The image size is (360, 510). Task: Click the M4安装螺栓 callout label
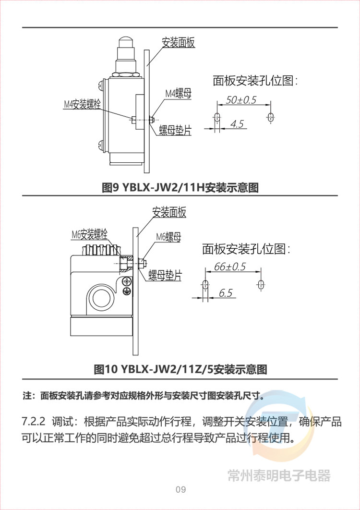(x=82, y=104)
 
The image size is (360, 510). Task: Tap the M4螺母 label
(x=178, y=94)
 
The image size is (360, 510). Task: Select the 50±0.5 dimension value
(x=241, y=100)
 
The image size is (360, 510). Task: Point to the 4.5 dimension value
(x=237, y=123)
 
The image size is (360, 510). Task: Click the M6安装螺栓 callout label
(x=89, y=234)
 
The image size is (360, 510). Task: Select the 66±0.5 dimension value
(x=230, y=267)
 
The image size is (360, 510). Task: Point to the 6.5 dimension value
(x=226, y=293)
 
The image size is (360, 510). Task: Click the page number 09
(x=180, y=489)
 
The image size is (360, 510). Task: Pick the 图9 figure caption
(x=180, y=187)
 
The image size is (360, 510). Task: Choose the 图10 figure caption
(x=180, y=369)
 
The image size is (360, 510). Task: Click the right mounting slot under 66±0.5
(x=261, y=284)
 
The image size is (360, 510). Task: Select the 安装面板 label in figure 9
(x=179, y=43)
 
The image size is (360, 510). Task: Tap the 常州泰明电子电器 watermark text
(x=279, y=475)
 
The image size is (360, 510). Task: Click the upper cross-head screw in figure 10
(x=127, y=281)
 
